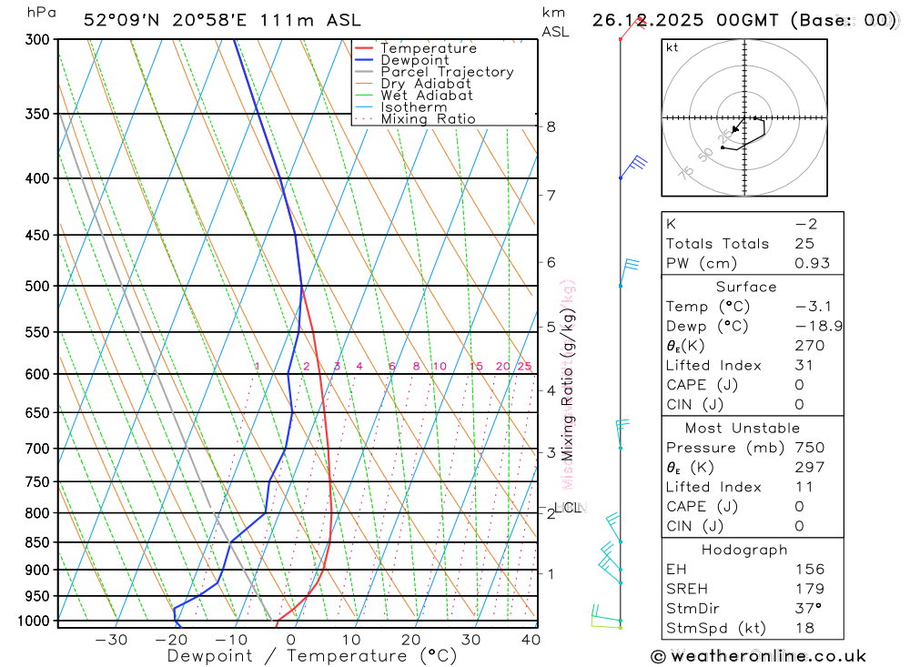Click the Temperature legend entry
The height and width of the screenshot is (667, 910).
tap(428, 48)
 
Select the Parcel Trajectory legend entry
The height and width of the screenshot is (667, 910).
tap(447, 72)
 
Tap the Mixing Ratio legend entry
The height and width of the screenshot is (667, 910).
tap(428, 119)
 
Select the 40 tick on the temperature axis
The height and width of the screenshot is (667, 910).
tap(531, 640)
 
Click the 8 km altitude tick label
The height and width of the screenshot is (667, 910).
tap(551, 126)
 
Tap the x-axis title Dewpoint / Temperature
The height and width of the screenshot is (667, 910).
tap(312, 656)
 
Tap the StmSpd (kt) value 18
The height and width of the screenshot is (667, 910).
tap(804, 628)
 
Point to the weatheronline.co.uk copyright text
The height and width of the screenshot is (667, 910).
tap(758, 656)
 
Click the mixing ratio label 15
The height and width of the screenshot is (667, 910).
tap(476, 367)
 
